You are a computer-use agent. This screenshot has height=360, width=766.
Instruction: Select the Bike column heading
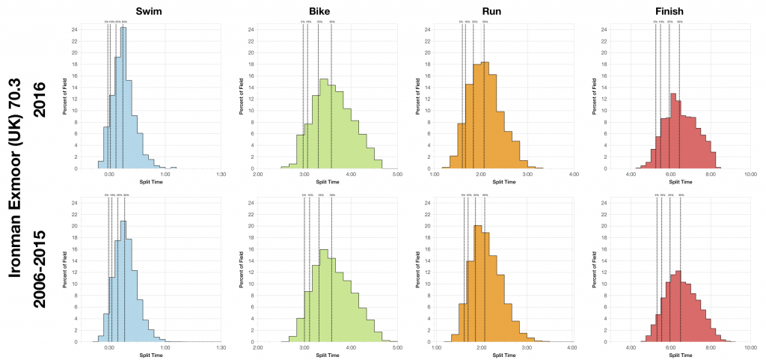(x=322, y=10)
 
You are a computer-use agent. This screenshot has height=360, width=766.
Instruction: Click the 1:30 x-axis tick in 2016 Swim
(x=221, y=174)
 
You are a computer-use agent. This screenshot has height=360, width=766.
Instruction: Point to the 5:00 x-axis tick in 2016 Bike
(x=396, y=174)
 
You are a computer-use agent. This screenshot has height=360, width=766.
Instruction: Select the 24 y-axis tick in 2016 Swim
(x=85, y=30)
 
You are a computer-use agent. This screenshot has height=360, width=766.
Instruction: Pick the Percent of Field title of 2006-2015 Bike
(x=242, y=269)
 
